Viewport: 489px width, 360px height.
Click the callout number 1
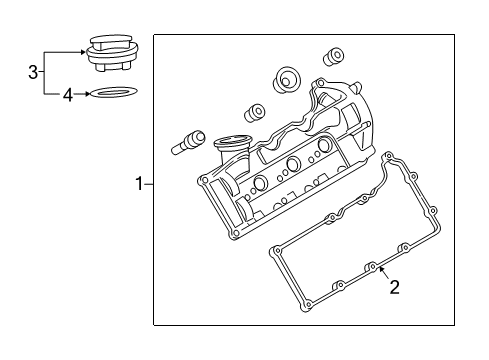(139, 184)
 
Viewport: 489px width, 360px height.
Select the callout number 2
(394, 287)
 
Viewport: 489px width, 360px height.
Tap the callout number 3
(33, 72)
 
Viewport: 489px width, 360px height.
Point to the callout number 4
(68, 95)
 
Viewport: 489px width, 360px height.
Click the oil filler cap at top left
(113, 53)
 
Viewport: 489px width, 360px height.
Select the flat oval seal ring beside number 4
(113, 92)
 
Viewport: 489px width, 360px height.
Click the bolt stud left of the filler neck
(188, 142)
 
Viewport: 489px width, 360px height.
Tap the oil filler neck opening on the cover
(231, 141)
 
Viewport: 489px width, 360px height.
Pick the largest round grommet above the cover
(286, 80)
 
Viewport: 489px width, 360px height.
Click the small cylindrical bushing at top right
(334, 56)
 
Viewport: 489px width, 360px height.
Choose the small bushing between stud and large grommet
(255, 112)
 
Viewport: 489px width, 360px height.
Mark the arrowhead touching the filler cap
(84, 52)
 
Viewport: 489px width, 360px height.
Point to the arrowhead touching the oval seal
(87, 94)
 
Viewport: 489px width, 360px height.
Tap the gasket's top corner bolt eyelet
(388, 155)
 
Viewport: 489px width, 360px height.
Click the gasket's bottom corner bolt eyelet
(308, 305)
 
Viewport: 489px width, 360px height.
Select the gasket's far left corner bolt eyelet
(276, 251)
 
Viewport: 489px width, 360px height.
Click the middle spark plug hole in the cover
(293, 163)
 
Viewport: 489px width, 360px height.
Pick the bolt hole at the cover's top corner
(320, 82)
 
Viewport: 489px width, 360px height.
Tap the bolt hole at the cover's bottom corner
(235, 233)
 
